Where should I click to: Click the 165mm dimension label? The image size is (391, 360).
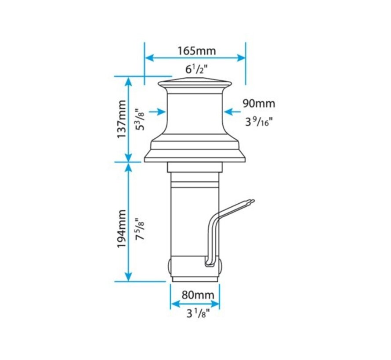(196, 50)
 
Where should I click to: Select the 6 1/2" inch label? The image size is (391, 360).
(195, 68)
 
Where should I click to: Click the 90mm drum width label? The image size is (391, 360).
(259, 104)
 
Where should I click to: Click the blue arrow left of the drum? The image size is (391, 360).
(157, 112)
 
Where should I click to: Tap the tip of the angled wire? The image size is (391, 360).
(252, 202)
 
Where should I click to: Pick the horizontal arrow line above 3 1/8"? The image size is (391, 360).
(195, 303)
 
